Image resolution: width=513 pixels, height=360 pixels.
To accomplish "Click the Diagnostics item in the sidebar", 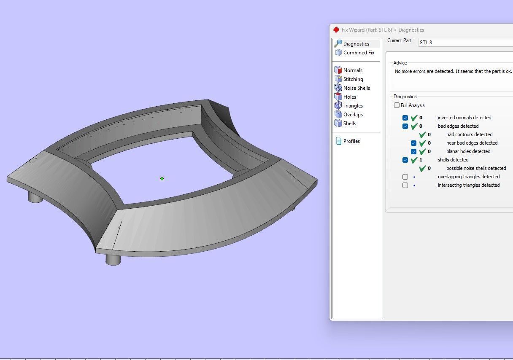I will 356,44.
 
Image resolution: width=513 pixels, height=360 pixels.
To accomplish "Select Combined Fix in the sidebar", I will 358,53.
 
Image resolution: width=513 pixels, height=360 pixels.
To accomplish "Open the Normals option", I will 352,70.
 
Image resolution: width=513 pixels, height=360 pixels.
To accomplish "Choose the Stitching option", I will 353,79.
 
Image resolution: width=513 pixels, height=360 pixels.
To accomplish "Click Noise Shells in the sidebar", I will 356,88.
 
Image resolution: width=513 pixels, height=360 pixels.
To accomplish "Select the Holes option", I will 349,97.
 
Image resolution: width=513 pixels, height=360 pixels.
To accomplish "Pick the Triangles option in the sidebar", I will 353,106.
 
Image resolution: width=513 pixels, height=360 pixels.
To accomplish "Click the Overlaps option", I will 353,115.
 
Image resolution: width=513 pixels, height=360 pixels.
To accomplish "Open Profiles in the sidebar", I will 351,141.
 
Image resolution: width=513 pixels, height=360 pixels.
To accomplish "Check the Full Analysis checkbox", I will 397,105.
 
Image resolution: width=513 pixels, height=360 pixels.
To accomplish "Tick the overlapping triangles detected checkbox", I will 405,177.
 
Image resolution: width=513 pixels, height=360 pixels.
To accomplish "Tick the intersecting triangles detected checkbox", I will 405,185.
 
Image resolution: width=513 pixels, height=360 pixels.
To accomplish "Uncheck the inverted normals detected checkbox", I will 405,118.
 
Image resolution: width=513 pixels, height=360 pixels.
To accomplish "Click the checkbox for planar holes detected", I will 413,151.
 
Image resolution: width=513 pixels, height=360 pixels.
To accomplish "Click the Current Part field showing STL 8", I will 464,43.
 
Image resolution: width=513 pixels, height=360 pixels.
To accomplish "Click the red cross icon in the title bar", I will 336,30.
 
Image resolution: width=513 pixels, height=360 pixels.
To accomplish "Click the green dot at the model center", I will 162,179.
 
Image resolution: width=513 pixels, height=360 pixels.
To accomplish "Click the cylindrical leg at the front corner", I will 113,259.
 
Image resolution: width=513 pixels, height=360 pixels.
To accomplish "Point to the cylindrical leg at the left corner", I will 35,196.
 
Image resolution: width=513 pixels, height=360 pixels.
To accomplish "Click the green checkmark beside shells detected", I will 414,160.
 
